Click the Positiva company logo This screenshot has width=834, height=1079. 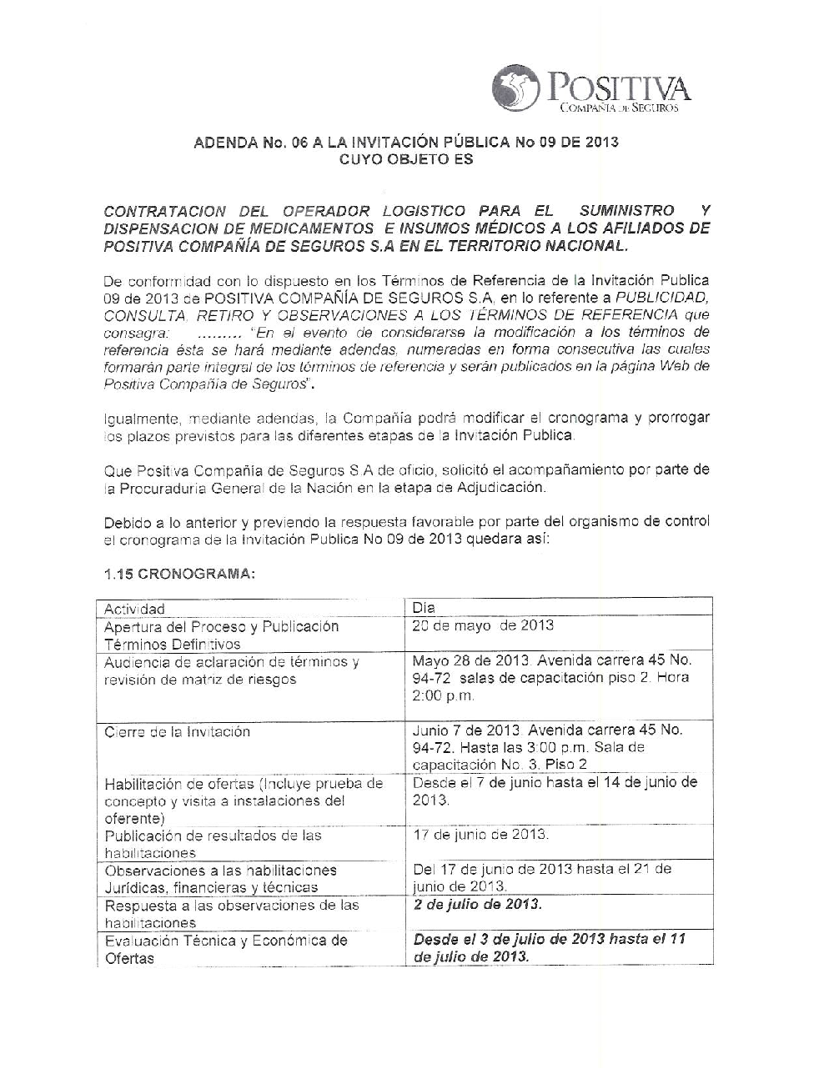click(x=591, y=89)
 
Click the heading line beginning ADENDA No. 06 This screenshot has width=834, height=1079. click(x=406, y=142)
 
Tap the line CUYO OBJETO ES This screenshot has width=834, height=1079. click(x=406, y=158)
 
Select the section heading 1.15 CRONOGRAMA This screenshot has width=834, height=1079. click(x=179, y=575)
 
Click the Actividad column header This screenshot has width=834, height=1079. click(x=134, y=609)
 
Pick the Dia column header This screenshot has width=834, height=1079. click(x=424, y=608)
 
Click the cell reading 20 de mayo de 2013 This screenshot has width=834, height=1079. click(x=483, y=625)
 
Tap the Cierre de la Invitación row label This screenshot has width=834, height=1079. click(x=177, y=732)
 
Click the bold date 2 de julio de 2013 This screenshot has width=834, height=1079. click(x=477, y=905)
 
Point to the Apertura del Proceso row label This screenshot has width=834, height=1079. click(x=221, y=635)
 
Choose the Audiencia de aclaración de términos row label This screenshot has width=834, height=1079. click(x=231, y=671)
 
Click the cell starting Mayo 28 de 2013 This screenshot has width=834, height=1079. click(x=551, y=678)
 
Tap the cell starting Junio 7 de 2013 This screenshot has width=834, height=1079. click(x=547, y=747)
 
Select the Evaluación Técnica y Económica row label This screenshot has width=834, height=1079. click(x=225, y=950)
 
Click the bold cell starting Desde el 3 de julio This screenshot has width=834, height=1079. click(x=549, y=948)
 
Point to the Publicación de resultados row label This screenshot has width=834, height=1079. click(x=213, y=844)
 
